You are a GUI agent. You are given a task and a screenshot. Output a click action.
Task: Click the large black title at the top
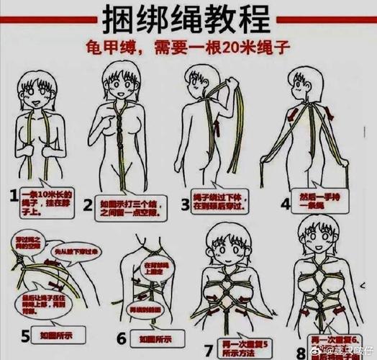[x=188, y=19]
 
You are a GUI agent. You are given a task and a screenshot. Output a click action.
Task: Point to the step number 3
[x=185, y=204]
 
